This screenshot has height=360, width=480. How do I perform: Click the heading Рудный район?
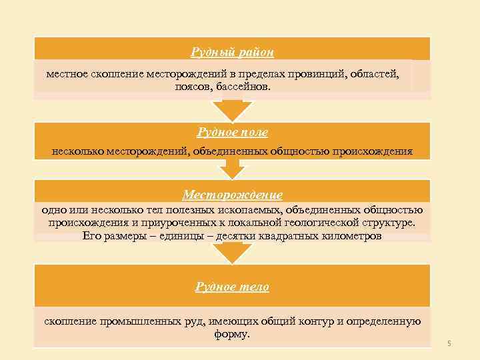coord(232,51)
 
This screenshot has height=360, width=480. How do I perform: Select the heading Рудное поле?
coord(232,133)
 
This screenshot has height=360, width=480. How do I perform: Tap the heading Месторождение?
coord(232,195)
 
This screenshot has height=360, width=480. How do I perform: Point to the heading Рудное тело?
coord(232,287)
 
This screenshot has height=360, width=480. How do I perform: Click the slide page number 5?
coord(449,343)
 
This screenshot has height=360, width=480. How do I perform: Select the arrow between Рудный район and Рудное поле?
coord(231,109)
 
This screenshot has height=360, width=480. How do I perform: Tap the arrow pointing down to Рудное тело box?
coord(231,252)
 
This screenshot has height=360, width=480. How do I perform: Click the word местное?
coord(65,73)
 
